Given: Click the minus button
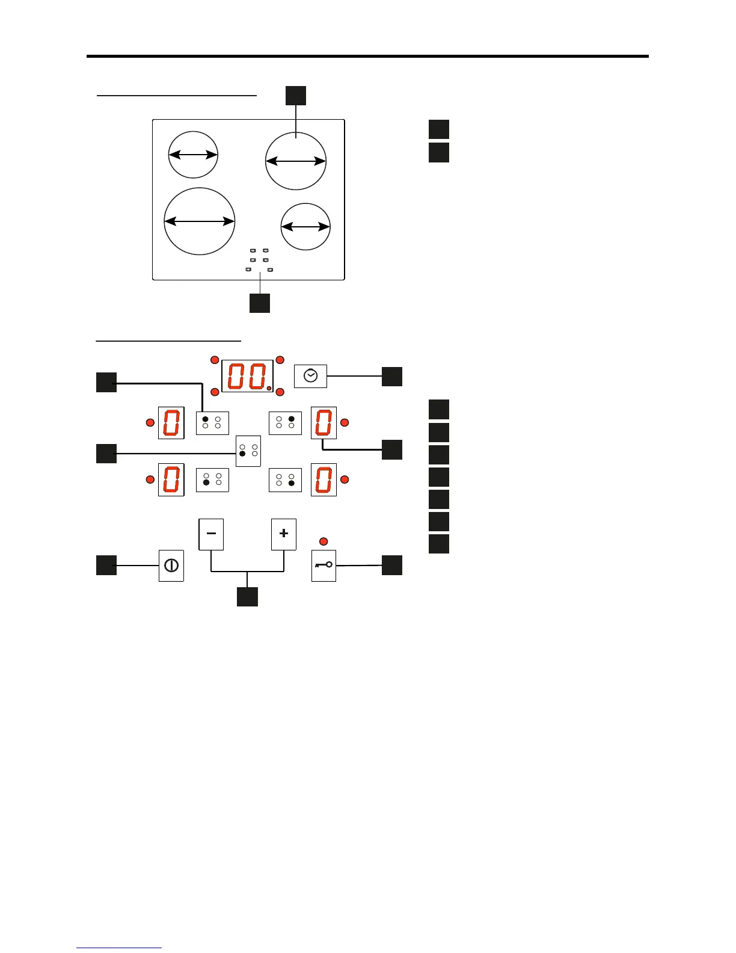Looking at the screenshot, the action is pyautogui.click(x=211, y=534).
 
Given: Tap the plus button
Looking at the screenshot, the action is pyautogui.click(x=284, y=534).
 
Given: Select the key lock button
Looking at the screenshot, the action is pyautogui.click(x=324, y=566).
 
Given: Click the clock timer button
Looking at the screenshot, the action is pyautogui.click(x=310, y=376).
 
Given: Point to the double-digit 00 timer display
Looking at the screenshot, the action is pyautogui.click(x=247, y=377).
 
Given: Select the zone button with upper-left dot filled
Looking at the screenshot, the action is pyautogui.click(x=212, y=422).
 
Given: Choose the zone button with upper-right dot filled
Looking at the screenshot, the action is pyautogui.click(x=285, y=422).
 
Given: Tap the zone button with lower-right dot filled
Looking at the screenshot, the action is pyautogui.click(x=285, y=480).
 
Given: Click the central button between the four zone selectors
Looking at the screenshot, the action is pyautogui.click(x=248, y=451).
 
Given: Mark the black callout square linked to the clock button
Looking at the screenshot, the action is pyautogui.click(x=392, y=376).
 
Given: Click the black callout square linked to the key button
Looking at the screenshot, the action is pyautogui.click(x=392, y=565).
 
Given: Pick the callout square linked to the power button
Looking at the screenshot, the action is pyautogui.click(x=106, y=565).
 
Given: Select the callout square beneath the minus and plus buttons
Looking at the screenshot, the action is pyautogui.click(x=247, y=596).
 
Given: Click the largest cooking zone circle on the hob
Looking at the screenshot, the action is pyautogui.click(x=199, y=221).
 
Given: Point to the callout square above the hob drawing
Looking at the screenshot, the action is pyautogui.click(x=296, y=96).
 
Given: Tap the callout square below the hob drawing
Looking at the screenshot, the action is pyautogui.click(x=260, y=303).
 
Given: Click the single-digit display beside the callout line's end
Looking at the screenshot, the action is pyautogui.click(x=324, y=422).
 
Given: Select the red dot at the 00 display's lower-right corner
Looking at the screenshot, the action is pyautogui.click(x=280, y=392).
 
